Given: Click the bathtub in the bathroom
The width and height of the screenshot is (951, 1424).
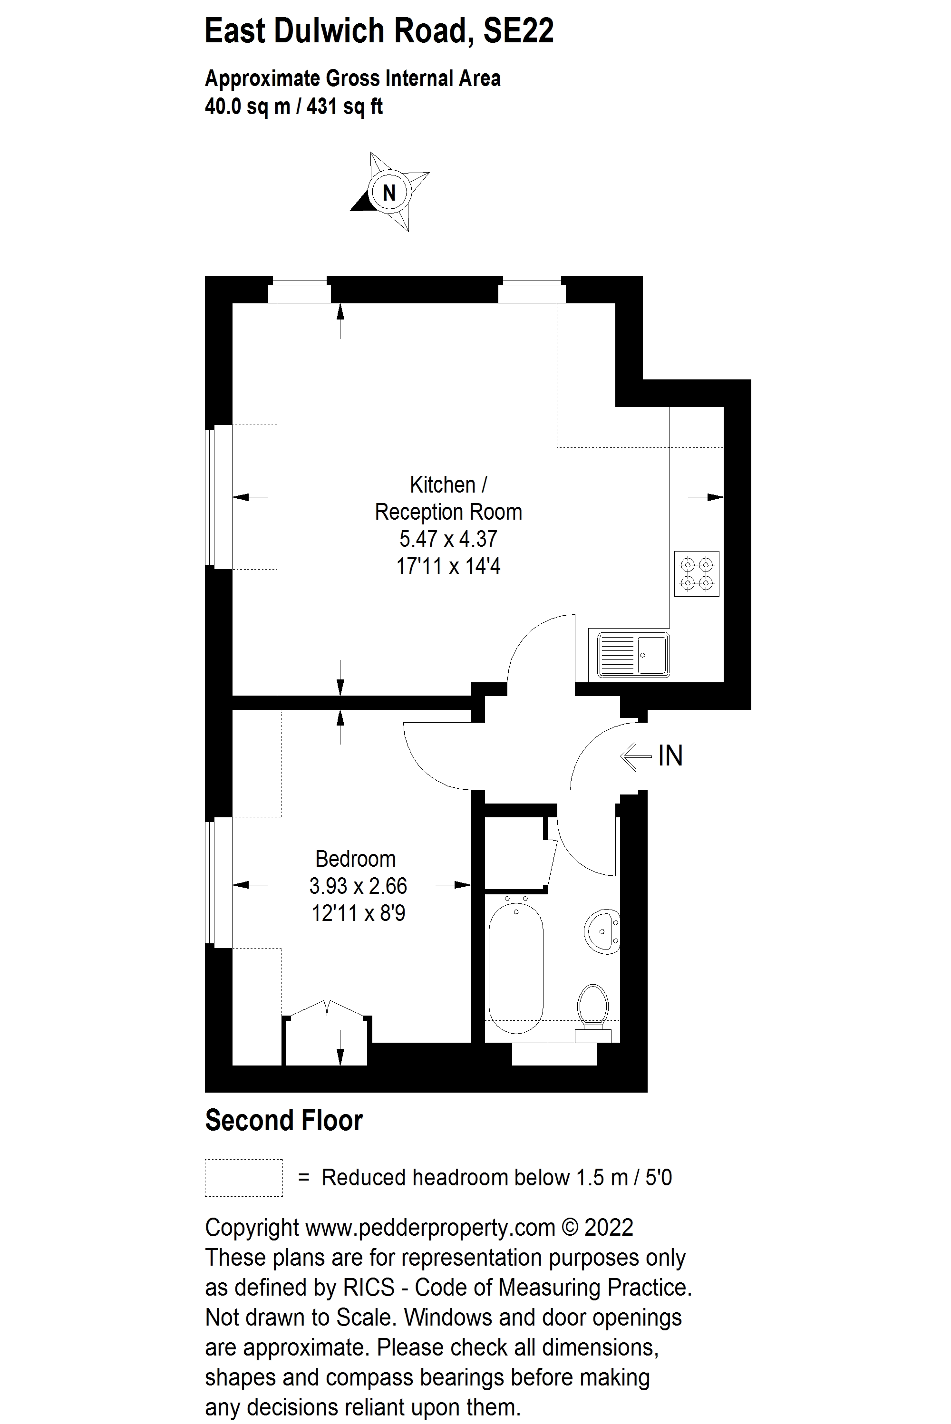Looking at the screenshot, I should pos(516,969).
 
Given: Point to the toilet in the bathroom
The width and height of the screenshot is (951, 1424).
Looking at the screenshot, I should pos(592,1010).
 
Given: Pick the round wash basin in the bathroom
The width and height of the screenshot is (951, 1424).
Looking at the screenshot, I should pos(602,930).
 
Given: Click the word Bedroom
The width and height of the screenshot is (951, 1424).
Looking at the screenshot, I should pos(355,859).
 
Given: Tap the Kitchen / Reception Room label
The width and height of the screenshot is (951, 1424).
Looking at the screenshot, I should pos(448,498).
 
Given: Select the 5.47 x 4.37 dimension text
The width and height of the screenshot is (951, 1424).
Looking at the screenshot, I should pos(448,539).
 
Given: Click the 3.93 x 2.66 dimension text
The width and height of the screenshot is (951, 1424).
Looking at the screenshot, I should pos(358,886).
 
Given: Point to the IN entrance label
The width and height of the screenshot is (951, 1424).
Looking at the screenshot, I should pos(670,756).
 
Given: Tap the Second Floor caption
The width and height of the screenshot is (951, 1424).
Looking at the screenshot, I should pos(284,1120).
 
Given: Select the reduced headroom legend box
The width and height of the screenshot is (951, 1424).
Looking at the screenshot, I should pos(244,1178).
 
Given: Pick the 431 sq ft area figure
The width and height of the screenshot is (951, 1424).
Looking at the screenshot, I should pos(344,107).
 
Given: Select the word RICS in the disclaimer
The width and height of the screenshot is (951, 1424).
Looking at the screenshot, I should pos(369,1287).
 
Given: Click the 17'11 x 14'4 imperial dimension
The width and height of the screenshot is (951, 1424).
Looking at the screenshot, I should pos(448,566).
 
